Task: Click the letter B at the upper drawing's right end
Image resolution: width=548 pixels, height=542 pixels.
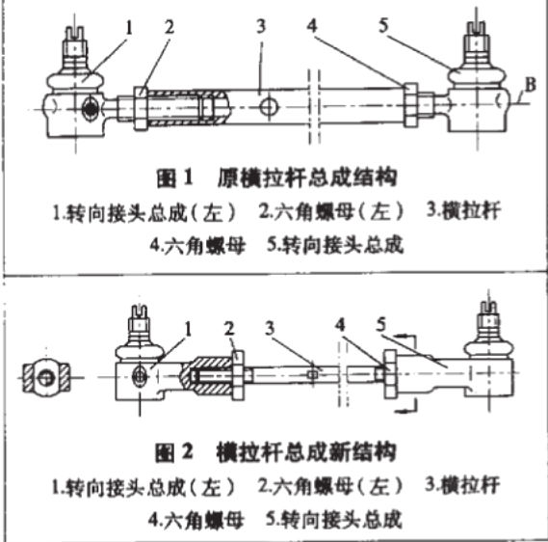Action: point(526,92)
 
